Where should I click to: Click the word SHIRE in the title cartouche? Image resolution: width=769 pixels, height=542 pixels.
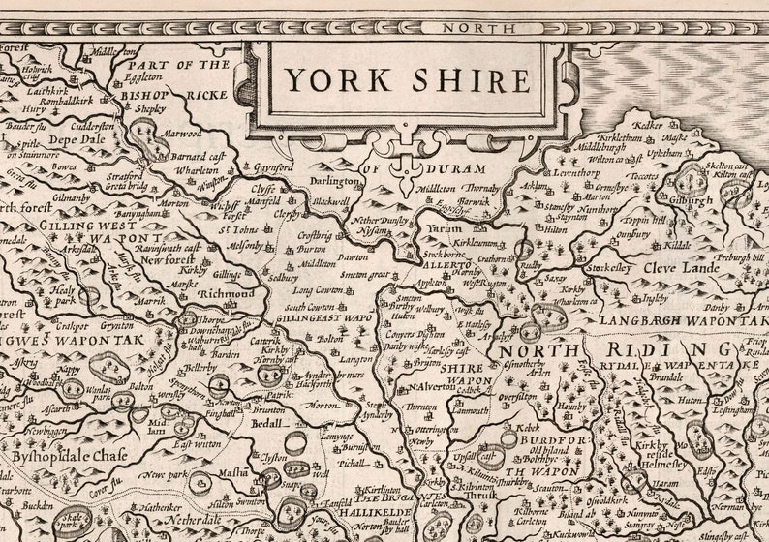[x=472, y=79]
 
